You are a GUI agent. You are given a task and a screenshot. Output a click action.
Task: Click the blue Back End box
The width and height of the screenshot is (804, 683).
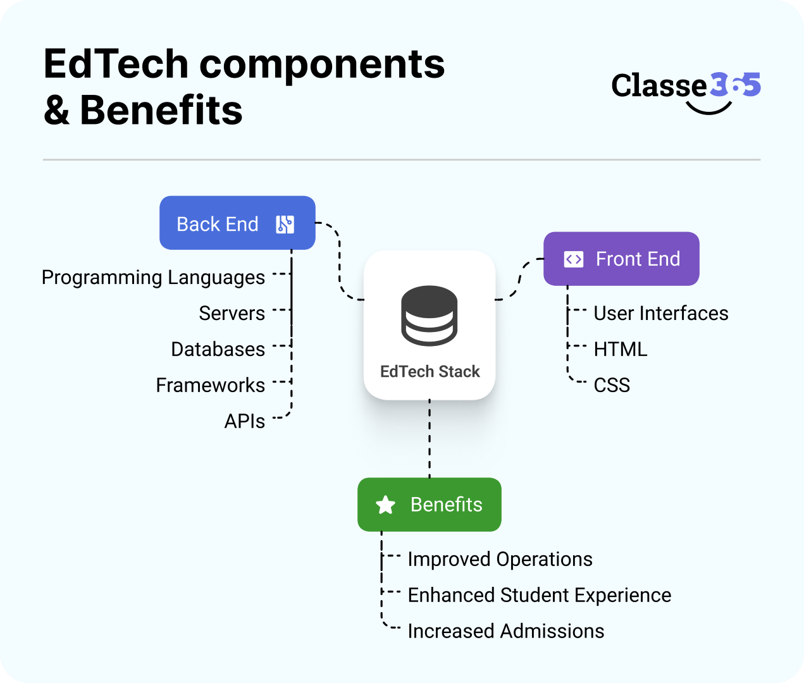(237, 223)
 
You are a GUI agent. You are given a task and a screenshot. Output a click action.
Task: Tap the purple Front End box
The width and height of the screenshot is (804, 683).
(621, 259)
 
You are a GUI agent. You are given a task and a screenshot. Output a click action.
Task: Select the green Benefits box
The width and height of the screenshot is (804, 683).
(430, 505)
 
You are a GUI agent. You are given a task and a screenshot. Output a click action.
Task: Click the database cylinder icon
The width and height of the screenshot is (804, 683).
(430, 316)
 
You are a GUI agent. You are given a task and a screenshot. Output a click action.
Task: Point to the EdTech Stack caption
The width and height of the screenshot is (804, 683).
(430, 372)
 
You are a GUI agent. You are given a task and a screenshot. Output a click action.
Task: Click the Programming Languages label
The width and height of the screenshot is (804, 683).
(153, 278)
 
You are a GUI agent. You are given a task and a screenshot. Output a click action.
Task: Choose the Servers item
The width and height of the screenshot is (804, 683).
(232, 314)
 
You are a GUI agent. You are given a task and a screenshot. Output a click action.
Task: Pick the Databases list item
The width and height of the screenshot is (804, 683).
(218, 350)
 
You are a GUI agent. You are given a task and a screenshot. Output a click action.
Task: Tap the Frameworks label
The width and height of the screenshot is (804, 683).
(210, 385)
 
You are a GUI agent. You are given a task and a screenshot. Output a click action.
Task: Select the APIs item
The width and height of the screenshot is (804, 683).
(244, 421)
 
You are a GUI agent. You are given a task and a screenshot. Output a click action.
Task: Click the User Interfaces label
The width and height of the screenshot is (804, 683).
(660, 314)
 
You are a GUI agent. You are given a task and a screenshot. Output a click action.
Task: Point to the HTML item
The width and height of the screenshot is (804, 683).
(620, 350)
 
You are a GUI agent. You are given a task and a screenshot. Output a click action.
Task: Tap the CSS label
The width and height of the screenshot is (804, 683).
(612, 385)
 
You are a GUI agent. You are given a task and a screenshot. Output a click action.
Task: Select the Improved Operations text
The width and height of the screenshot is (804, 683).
(500, 560)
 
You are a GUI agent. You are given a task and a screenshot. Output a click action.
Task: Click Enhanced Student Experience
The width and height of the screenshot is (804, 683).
(539, 596)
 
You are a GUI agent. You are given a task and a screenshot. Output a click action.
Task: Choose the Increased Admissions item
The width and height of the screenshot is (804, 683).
(505, 631)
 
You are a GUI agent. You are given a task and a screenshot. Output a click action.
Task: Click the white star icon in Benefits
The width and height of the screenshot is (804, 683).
(385, 505)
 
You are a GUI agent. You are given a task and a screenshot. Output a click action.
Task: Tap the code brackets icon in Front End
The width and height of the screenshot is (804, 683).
(573, 259)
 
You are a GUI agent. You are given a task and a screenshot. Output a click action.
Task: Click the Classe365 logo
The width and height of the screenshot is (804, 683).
(686, 89)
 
